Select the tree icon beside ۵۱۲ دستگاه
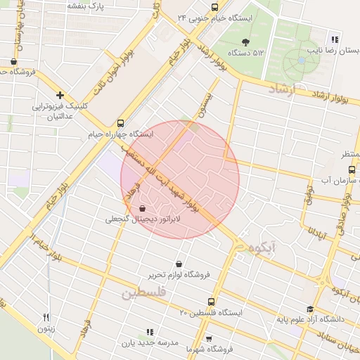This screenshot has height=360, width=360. pyautogui.click(x=245, y=41)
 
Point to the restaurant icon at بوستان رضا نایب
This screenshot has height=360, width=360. pyautogui.click(x=335, y=40)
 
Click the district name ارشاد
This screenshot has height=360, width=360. pyautogui.click(x=284, y=89)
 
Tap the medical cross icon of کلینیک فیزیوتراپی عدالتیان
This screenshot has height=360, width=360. pyautogui.click(x=60, y=95)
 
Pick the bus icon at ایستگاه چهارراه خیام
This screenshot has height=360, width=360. pyautogui.click(x=121, y=122)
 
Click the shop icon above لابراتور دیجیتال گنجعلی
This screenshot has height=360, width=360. pyautogui.click(x=143, y=208)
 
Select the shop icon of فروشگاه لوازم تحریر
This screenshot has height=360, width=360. pyautogui.click(x=179, y=264)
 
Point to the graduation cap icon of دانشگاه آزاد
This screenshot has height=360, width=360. pyautogui.click(x=309, y=309)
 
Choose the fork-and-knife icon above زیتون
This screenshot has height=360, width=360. pyautogui.click(x=46, y=317)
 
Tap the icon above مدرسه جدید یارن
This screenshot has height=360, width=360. pyautogui.click(x=149, y=331)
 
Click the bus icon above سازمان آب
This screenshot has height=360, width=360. pyautogui.click(x=352, y=169)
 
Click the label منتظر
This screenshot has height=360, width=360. pyautogui.click(x=349, y=153)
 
